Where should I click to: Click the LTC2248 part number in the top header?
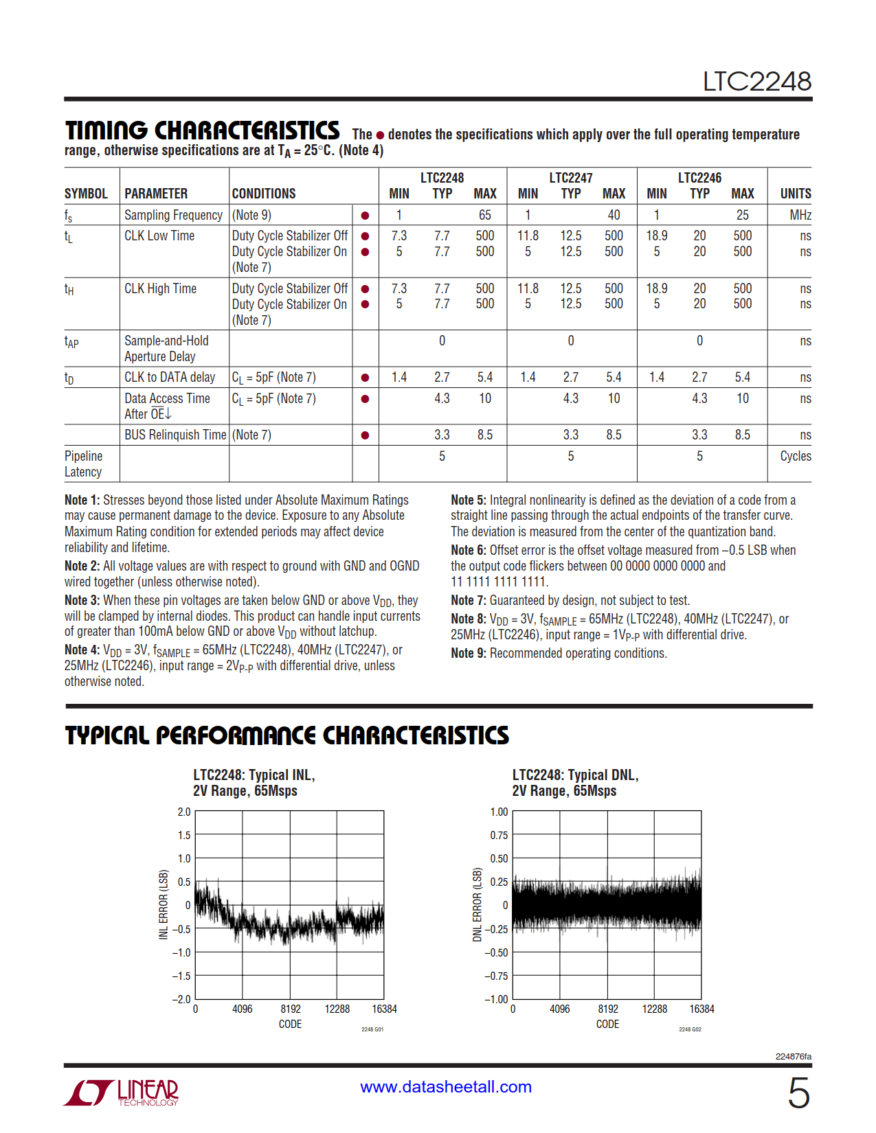[756, 82]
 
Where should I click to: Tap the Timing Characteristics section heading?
[202, 130]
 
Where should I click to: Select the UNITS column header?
[795, 194]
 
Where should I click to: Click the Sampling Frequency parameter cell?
[173, 215]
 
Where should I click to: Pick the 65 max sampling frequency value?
[485, 215]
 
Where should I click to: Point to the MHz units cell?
[800, 215]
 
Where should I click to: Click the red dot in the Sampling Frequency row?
[365, 216]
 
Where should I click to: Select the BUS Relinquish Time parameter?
[175, 435]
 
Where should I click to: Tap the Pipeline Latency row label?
[83, 463]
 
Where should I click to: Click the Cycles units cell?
[795, 456]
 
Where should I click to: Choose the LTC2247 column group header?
[570, 178]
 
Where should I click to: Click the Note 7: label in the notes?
[469, 600]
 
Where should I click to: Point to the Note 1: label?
[82, 500]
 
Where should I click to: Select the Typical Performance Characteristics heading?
[287, 735]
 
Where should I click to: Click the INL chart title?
[254, 783]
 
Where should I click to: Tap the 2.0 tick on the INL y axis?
[183, 812]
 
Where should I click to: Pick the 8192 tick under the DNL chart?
[607, 1009]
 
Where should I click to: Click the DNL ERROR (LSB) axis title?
[478, 905]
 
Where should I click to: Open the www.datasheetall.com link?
[446, 1087]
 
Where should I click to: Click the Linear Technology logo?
[122, 1092]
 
